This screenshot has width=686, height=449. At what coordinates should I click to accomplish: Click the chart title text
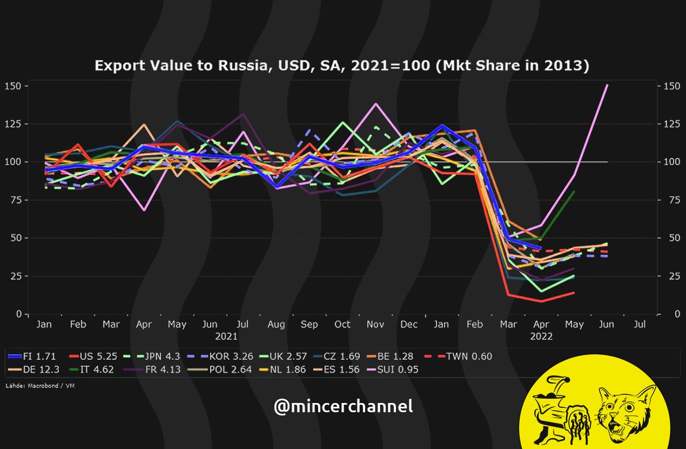(x=342, y=66)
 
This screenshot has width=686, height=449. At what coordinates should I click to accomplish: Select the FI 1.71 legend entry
(x=33, y=356)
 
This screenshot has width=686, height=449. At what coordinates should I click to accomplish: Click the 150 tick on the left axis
(x=12, y=86)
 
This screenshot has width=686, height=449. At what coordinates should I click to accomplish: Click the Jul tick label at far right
(x=640, y=325)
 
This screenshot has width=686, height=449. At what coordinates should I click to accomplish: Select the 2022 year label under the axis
(x=541, y=336)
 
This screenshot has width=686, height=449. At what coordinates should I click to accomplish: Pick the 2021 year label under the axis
(x=226, y=336)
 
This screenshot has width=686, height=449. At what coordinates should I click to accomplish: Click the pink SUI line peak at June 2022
(x=607, y=85)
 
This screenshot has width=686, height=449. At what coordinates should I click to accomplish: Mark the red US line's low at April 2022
(x=541, y=301)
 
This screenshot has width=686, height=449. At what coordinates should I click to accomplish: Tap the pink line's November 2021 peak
(x=375, y=104)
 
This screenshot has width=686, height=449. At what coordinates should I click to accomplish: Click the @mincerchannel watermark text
(x=343, y=406)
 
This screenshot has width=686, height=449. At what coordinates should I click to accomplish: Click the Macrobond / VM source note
(x=40, y=386)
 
